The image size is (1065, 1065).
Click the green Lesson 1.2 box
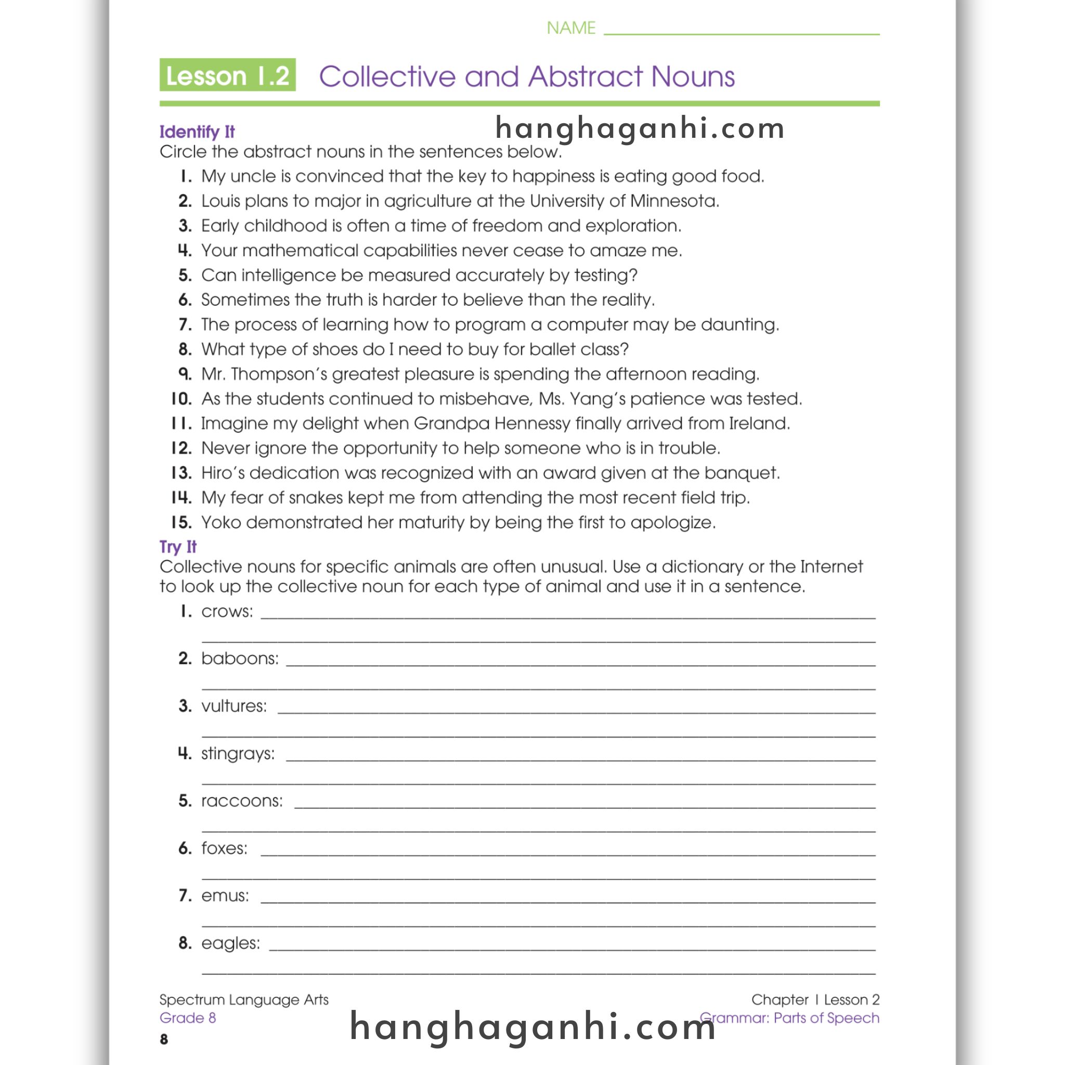click(x=227, y=75)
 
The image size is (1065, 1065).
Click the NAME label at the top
click(x=570, y=28)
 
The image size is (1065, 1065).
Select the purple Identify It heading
click(x=197, y=132)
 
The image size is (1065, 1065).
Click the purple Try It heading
click(x=177, y=547)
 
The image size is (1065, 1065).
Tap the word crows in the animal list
click(x=226, y=612)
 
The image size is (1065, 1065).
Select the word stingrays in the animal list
click(x=237, y=754)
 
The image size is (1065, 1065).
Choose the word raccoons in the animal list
click(x=241, y=801)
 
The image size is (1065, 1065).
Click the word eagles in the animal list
click(x=230, y=943)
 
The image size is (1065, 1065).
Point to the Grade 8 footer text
click(x=187, y=1018)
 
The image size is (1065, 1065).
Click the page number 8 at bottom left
click(x=164, y=1039)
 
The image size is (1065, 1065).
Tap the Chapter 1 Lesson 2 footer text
click(x=815, y=999)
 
